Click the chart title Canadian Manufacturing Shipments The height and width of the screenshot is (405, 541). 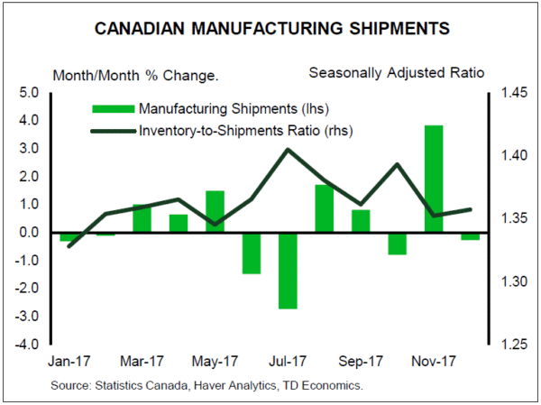[270, 30]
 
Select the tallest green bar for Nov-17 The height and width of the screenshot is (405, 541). [434, 179]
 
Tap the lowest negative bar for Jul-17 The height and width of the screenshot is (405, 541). [288, 271]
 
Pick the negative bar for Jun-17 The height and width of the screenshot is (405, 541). [252, 253]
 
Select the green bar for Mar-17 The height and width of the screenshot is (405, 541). [142, 218]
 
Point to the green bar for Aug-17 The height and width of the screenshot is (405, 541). [325, 208]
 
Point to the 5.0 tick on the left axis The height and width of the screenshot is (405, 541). [28, 92]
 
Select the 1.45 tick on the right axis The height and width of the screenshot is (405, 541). [509, 92]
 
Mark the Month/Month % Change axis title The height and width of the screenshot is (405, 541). [135, 73]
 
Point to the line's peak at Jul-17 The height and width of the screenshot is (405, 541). [288, 149]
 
